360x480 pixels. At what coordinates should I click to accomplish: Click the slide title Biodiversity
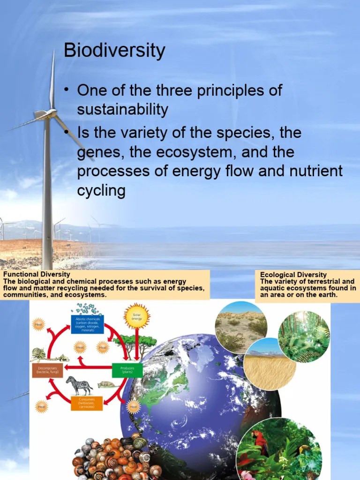[114, 51]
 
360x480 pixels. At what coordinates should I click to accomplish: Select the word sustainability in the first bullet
[122, 110]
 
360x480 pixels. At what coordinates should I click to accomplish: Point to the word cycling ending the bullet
[101, 191]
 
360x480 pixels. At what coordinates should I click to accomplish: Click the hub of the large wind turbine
[51, 113]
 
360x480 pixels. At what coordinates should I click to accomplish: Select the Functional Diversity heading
[37, 274]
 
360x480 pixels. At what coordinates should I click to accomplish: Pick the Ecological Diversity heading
[293, 275]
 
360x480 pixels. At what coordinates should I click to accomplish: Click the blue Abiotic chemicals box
[88, 324]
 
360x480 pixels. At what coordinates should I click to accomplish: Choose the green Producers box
[127, 370]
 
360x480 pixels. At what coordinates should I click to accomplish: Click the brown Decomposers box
[48, 370]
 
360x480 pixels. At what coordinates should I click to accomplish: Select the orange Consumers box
[87, 403]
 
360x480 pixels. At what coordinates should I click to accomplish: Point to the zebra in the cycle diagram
[79, 385]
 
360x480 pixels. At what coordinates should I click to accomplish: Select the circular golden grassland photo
[270, 364]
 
